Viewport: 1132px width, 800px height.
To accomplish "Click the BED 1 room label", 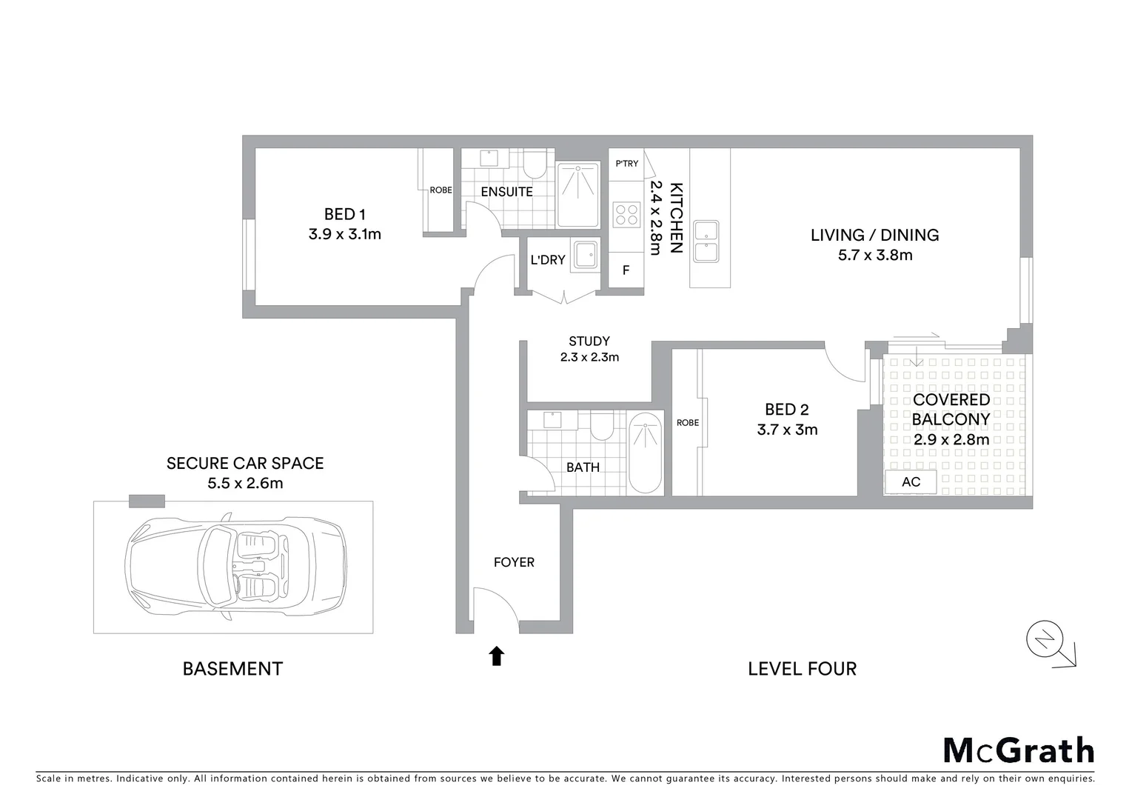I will tap(344, 215).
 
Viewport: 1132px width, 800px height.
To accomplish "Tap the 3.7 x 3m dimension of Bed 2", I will tap(787, 430).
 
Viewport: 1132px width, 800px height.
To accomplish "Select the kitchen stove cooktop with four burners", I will tap(626, 215).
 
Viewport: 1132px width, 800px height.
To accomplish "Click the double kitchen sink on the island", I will tap(706, 241).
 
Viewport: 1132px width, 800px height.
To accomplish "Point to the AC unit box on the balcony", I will tap(911, 482).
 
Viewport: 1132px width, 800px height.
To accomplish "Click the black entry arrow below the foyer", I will tap(497, 656).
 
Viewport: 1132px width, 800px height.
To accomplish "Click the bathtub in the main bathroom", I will tap(645, 453).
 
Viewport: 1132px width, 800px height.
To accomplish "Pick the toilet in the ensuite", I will tap(534, 164).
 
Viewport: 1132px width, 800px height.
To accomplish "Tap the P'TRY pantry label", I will tap(626, 164).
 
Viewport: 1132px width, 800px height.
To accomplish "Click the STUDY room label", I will tap(589, 341).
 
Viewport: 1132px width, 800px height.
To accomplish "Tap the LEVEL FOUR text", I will tap(802, 669).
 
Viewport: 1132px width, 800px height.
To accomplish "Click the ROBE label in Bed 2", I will tap(687, 423).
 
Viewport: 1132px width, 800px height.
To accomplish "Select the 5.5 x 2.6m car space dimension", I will tap(245, 484).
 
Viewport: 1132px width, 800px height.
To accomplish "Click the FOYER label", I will tap(514, 562).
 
